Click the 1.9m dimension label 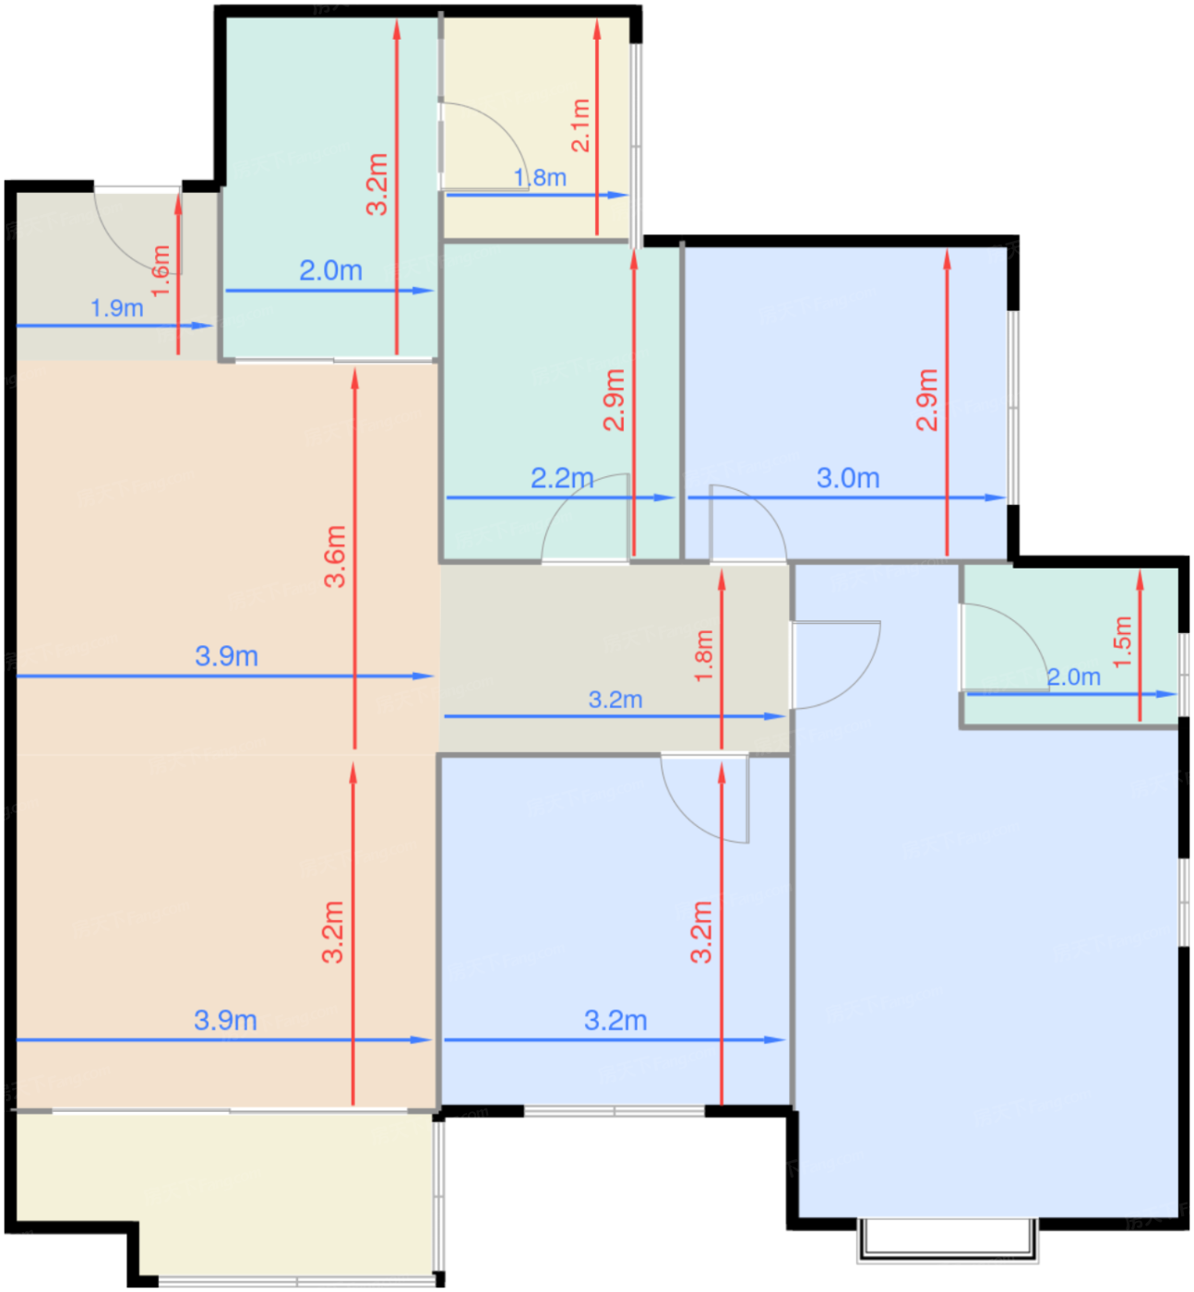tap(117, 307)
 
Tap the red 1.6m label tap(161, 271)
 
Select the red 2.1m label tap(580, 126)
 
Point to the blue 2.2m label tap(562, 479)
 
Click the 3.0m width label tap(848, 479)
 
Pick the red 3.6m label tap(335, 556)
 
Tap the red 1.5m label tap(1123, 642)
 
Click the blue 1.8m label tap(540, 177)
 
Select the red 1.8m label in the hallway tap(704, 656)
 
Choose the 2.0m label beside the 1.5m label tap(1074, 677)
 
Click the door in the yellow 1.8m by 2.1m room tap(495, 134)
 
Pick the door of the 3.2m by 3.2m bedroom tap(697, 810)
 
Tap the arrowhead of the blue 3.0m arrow tap(996, 497)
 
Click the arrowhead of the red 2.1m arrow tap(597, 30)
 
